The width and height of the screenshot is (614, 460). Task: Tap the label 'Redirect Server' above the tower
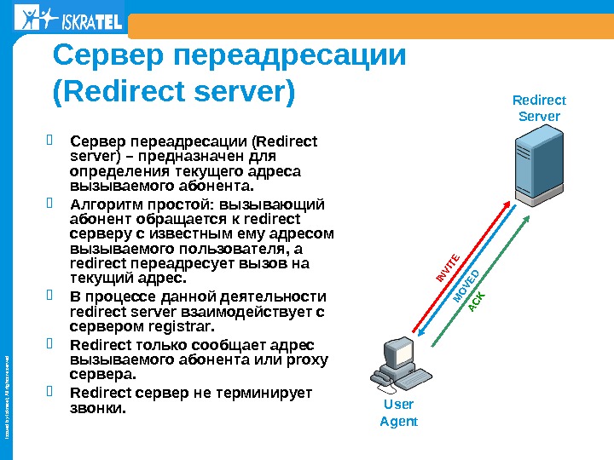coord(539,108)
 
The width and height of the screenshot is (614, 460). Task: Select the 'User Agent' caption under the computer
coord(398,413)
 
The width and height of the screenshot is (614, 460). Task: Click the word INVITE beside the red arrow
coord(449,267)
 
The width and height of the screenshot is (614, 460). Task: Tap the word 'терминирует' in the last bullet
coord(264,393)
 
